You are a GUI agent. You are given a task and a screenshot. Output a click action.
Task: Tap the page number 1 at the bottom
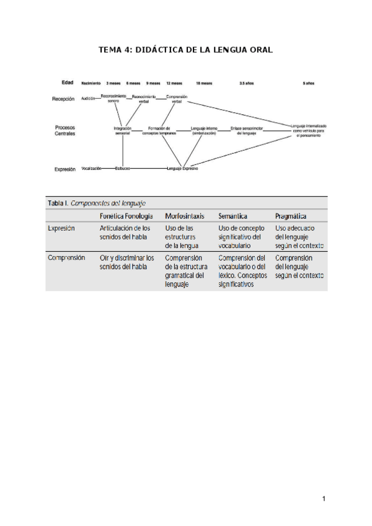click(324, 499)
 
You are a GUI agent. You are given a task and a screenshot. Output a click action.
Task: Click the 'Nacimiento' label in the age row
click(91, 82)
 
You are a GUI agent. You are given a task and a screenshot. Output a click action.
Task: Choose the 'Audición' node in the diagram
click(88, 99)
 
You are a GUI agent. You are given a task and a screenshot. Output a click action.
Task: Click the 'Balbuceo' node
click(122, 168)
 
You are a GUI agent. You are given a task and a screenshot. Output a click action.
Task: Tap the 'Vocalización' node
click(91, 168)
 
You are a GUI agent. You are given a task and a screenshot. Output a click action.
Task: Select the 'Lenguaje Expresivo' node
click(182, 168)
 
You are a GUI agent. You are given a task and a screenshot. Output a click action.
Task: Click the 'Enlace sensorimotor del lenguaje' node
click(247, 131)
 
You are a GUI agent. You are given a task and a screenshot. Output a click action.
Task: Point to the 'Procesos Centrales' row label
click(66, 130)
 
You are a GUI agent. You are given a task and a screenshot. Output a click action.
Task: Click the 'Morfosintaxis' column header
click(181, 216)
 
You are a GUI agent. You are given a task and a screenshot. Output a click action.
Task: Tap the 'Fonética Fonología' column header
click(126, 216)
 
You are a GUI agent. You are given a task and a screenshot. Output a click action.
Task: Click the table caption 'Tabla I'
click(58, 203)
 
